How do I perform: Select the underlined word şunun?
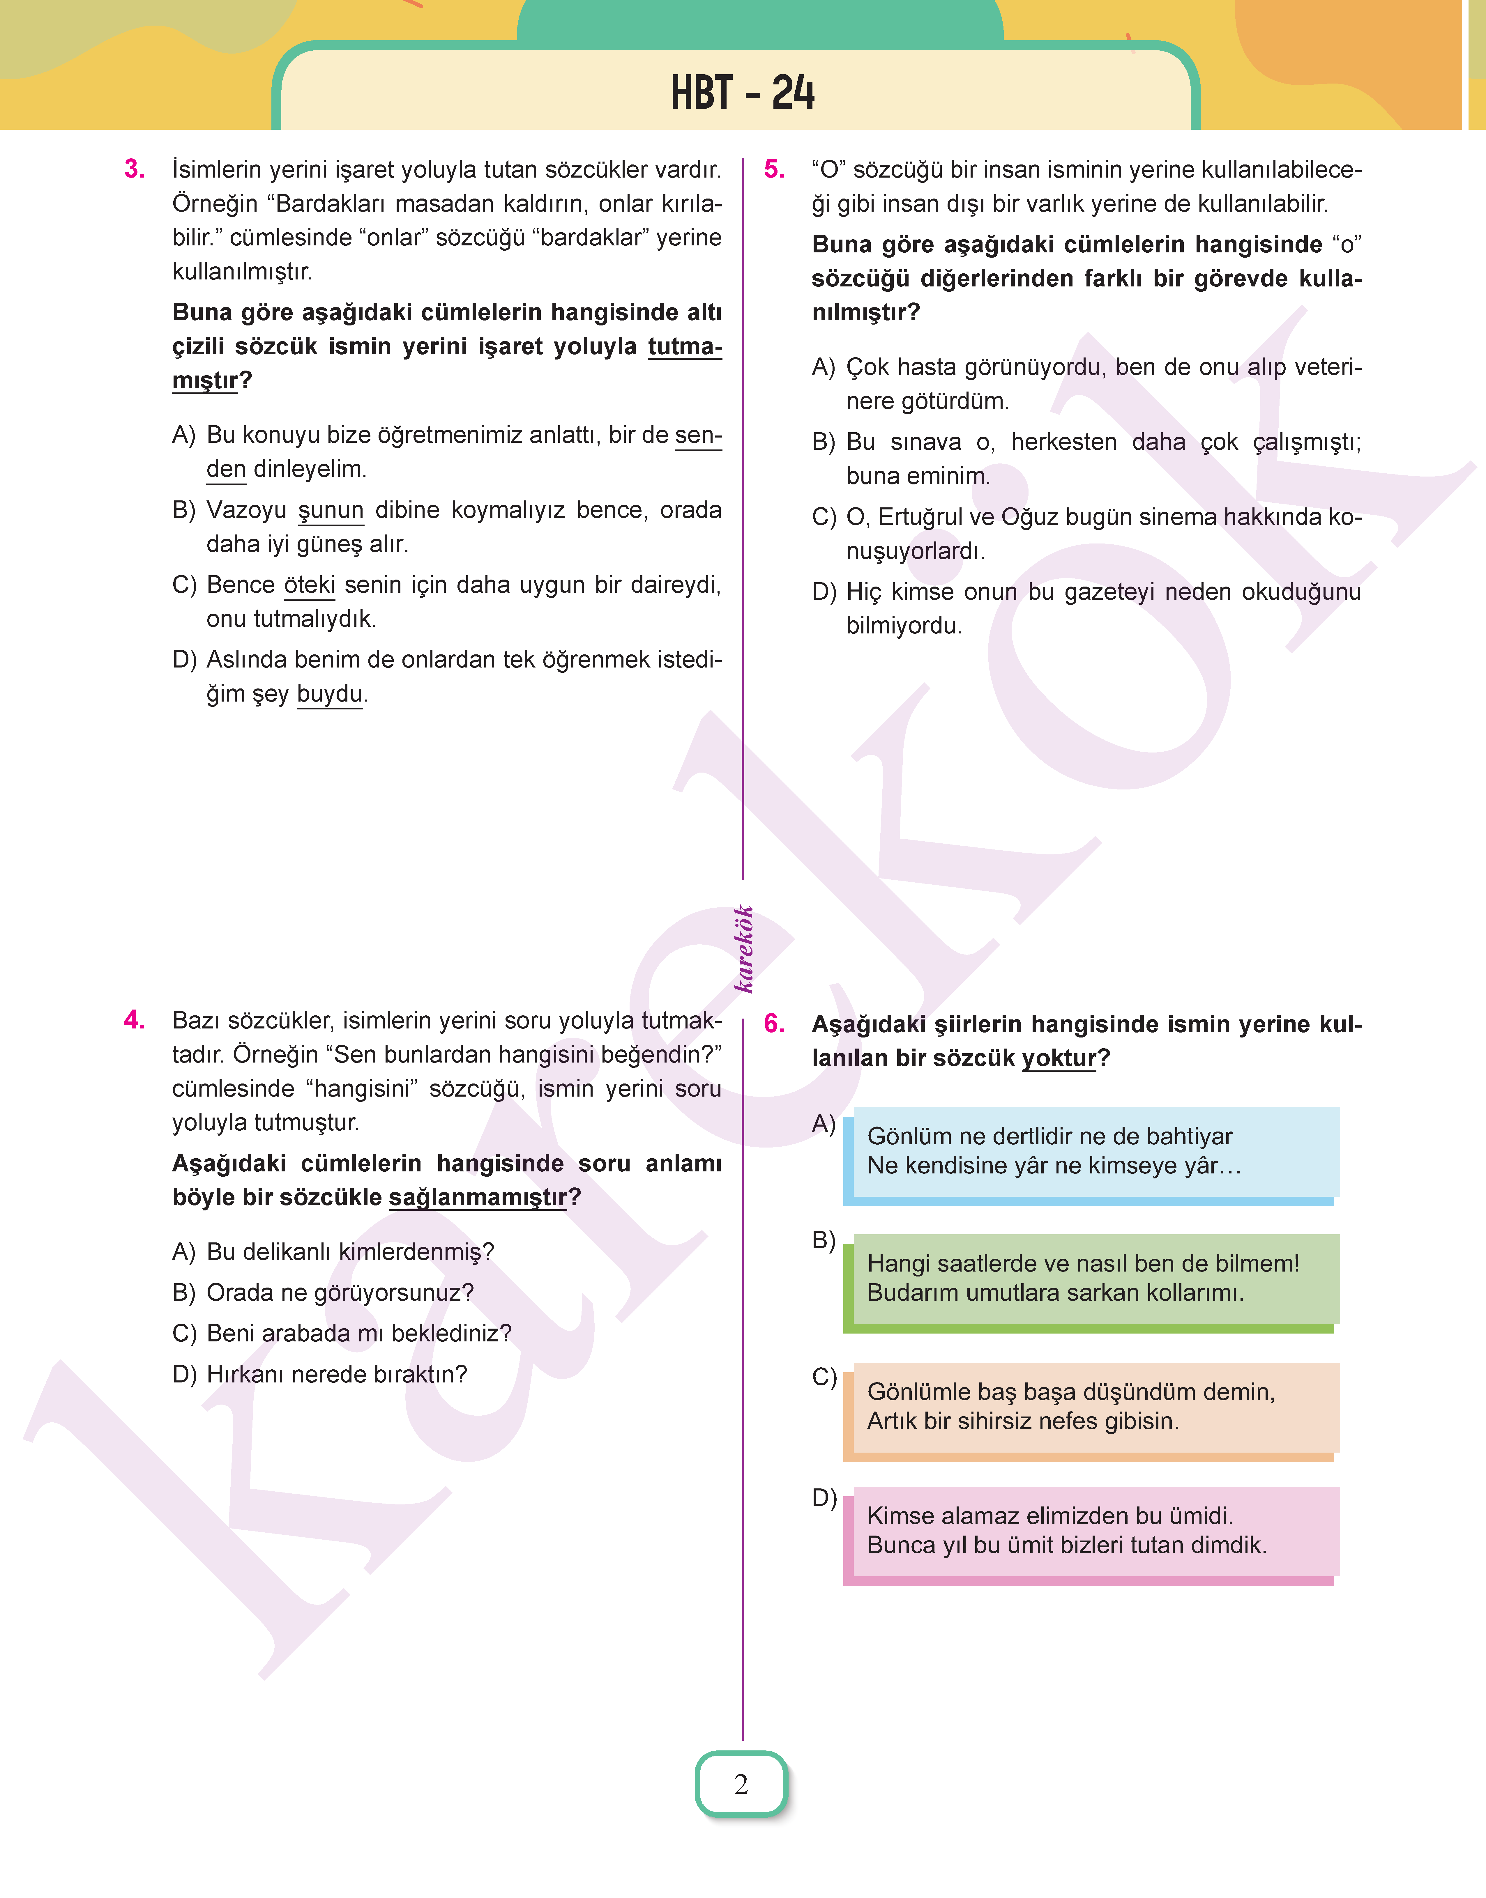331,510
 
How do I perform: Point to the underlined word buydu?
330,694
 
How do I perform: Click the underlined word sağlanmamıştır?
477,1198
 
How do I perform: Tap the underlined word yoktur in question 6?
1058,1058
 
